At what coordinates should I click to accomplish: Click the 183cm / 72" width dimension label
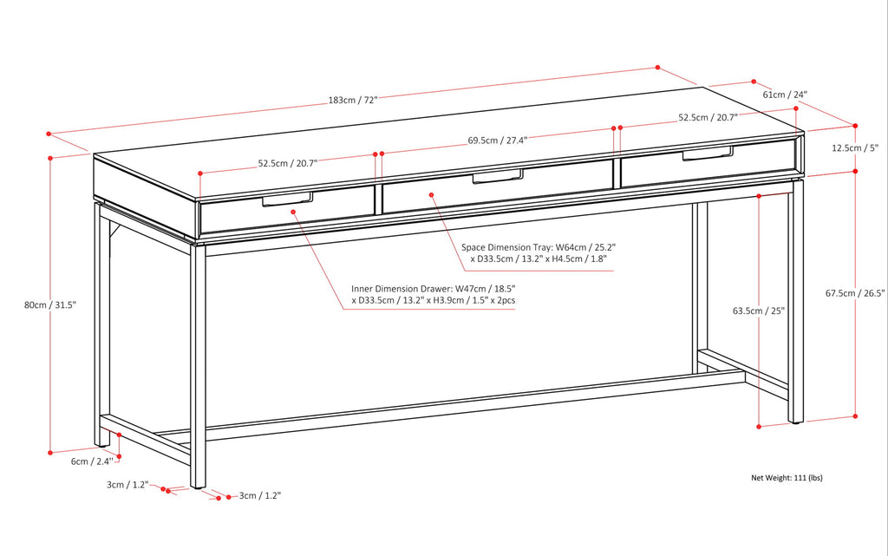click(353, 100)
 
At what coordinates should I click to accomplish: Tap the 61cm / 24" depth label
click(785, 95)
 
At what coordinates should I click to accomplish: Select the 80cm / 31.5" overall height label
click(50, 304)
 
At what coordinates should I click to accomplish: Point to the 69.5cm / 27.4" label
click(497, 139)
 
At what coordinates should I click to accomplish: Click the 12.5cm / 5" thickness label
click(855, 148)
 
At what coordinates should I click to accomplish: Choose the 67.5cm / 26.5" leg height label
click(855, 293)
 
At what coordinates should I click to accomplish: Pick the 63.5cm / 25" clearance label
click(758, 311)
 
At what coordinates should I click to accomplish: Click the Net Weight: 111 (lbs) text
click(786, 478)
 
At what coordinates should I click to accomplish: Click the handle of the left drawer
click(287, 200)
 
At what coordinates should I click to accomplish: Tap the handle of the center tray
click(497, 177)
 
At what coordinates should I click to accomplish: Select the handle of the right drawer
click(708, 154)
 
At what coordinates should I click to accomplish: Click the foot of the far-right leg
click(795, 421)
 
